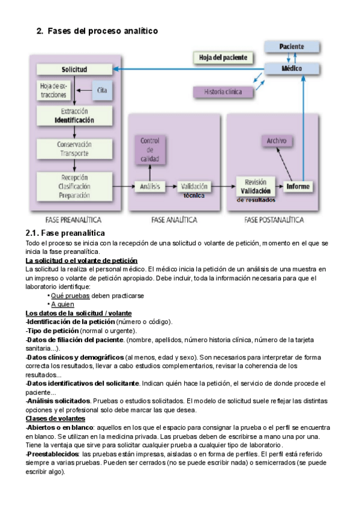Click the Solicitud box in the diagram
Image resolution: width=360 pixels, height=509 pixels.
[74, 70]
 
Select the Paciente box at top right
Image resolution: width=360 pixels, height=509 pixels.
[292, 46]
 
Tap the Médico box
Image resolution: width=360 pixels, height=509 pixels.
[292, 68]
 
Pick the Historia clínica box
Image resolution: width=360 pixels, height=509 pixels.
[223, 92]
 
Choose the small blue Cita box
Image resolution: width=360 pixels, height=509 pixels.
[101, 90]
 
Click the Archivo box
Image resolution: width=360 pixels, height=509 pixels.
[277, 141]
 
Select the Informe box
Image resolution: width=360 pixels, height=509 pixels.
[298, 187]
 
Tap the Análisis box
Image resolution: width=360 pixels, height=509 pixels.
[149, 187]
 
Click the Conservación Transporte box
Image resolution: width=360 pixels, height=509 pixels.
[74, 149]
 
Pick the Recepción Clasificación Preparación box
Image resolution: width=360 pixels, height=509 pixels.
[74, 186]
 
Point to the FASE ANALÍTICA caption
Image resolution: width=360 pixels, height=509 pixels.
[174, 220]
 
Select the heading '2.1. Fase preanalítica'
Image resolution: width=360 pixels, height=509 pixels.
[65, 233]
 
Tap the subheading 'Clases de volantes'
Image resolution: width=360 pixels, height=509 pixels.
[55, 418]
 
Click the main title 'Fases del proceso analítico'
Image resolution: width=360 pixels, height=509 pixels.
[103, 31]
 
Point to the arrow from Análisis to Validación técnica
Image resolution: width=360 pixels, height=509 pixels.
[170, 187]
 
